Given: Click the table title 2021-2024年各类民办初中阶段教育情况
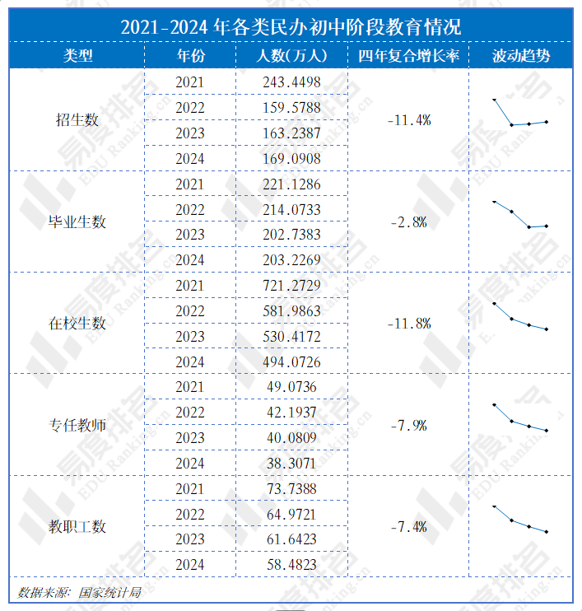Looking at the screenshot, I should pos(291,26).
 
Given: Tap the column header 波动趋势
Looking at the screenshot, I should pos(521,56).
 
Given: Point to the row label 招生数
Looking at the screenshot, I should pos(77,120).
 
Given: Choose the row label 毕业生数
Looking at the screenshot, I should pos(77,222).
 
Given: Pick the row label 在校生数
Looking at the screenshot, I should pos(77,324).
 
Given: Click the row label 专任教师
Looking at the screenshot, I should pos(77,426).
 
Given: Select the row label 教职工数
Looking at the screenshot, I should pos(77,528).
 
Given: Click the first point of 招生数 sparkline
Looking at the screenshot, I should pos(494,100).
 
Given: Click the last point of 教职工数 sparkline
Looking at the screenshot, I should pos(547,532).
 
